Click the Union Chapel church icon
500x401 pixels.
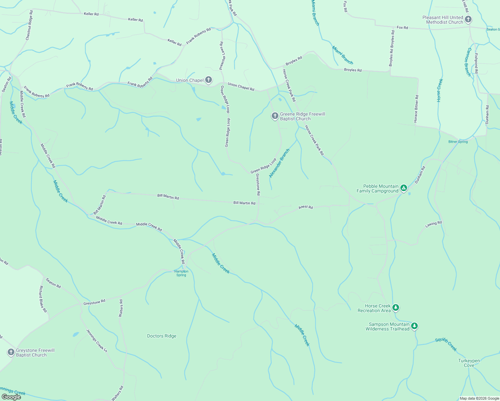pyautogui.click(x=209, y=80)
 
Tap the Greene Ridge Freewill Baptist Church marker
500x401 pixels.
pyautogui.click(x=275, y=116)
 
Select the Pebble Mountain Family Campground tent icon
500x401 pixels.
pyautogui.click(x=404, y=188)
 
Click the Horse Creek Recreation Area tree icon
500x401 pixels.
pyautogui.click(x=396, y=308)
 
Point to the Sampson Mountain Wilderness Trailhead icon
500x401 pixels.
pyautogui.click(x=414, y=326)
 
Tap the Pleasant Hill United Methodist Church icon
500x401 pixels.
pyautogui.click(x=468, y=19)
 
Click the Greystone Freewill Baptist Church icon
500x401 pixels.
pyautogui.click(x=11, y=352)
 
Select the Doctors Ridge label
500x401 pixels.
pyautogui.click(x=162, y=336)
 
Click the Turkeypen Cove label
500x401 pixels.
pyautogui.click(x=469, y=363)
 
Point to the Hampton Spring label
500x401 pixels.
pyautogui.click(x=181, y=273)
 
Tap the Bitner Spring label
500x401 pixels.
pyautogui.click(x=458, y=142)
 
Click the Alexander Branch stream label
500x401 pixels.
pyautogui.click(x=279, y=163)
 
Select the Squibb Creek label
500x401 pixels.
pyautogui.click(x=446, y=345)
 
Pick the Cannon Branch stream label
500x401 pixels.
pyautogui.click(x=469, y=62)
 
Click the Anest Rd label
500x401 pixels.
pyautogui.click(x=305, y=208)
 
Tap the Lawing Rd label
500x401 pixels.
pyautogui.click(x=433, y=224)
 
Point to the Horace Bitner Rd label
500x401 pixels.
pyautogui.click(x=416, y=109)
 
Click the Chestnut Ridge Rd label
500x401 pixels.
pyautogui.click(x=29, y=25)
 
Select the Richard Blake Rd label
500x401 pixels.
pyautogui.click(x=43, y=299)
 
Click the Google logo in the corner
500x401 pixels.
pyautogui.click(x=11, y=397)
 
